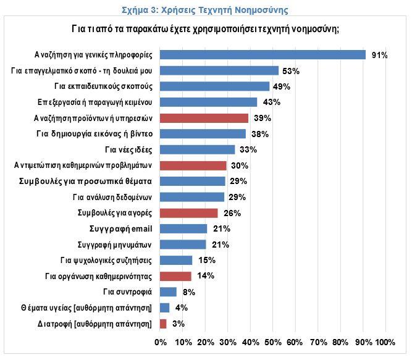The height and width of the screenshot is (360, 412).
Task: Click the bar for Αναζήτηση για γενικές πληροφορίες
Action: [x=263, y=55]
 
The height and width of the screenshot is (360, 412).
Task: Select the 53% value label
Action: [x=290, y=71]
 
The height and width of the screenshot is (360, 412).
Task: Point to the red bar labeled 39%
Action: [x=204, y=118]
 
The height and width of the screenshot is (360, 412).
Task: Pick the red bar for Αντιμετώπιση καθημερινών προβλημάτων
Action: [x=193, y=165]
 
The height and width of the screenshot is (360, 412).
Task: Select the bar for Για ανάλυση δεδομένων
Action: [x=192, y=197]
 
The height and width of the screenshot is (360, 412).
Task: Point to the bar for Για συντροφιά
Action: [x=168, y=292]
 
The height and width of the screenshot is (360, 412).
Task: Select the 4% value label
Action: [x=182, y=308]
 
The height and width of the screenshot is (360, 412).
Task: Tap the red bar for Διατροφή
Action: [x=163, y=324]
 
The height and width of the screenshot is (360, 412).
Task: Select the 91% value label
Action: [x=379, y=56]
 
